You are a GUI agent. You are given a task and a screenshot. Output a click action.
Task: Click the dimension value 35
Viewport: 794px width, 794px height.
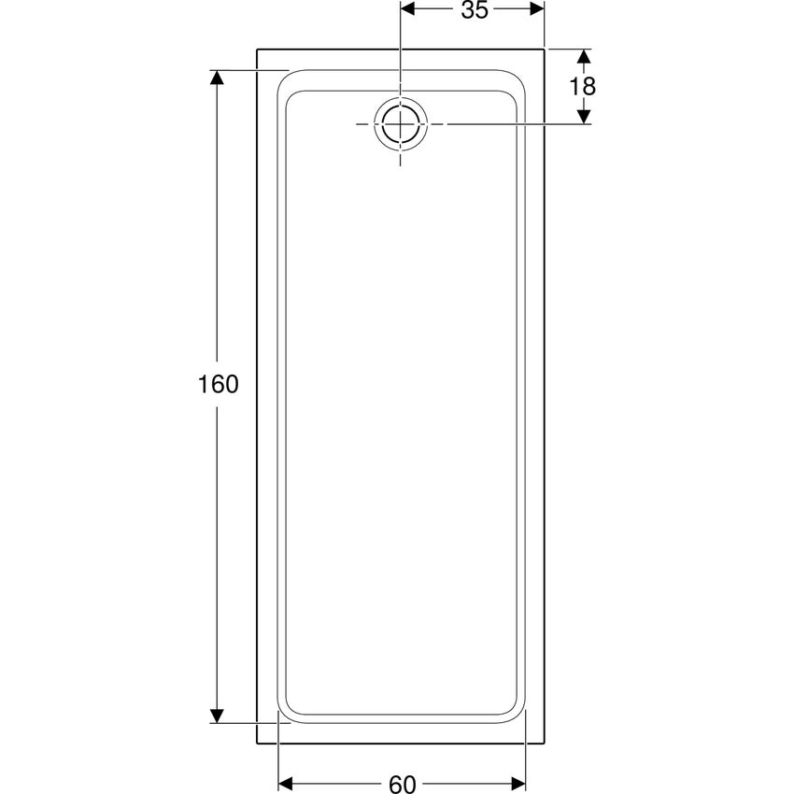point(475,10)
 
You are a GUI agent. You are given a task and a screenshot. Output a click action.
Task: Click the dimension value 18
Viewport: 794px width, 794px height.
point(583,87)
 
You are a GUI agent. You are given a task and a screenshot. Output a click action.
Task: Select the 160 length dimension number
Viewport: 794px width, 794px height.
point(218,384)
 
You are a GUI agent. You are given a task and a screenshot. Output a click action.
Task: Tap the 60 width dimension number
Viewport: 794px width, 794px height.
point(403,784)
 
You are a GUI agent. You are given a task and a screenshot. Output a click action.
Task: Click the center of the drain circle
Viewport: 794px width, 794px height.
point(401,124)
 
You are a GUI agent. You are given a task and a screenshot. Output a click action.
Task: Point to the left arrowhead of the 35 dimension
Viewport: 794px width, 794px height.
point(407,8)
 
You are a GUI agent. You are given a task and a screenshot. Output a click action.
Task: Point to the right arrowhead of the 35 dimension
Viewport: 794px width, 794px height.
point(537,8)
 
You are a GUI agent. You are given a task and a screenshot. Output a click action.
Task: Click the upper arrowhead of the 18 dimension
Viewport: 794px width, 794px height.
point(584,56)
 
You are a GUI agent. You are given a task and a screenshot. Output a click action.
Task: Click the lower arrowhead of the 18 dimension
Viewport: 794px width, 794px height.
point(584,117)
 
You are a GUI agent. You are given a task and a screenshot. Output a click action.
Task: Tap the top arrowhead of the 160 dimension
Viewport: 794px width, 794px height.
point(217,78)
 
